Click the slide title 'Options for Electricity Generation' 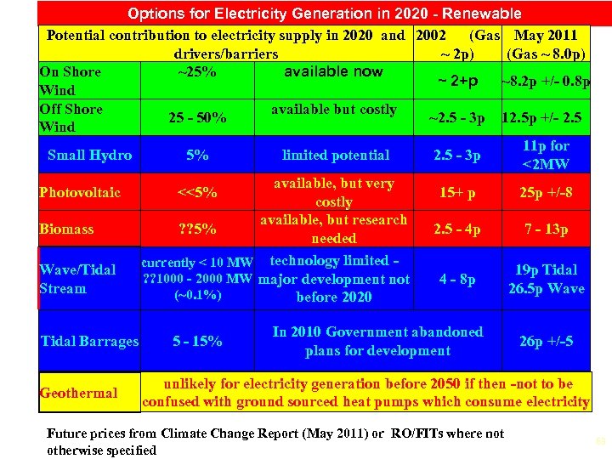pos(324,14)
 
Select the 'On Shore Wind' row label pos(70,81)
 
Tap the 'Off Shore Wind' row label pos(71,118)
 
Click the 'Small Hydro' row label pos(90,155)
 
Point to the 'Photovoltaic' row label pos(80,192)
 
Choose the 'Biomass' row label pos(68,229)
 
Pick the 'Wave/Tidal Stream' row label pos(77,279)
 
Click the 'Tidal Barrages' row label pos(89,342)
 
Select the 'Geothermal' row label pos(78,393)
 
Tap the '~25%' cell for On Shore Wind pos(196,71)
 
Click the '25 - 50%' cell pos(196,118)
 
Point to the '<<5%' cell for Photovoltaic pos(196,192)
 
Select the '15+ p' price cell pos(456,193)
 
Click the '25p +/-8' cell pos(547,193)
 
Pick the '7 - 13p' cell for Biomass pos(547,229)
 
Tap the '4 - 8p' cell pos(456,279)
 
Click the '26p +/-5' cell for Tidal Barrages pos(547,342)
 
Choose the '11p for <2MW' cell pos(547,155)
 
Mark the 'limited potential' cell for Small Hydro pos(336,155)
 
